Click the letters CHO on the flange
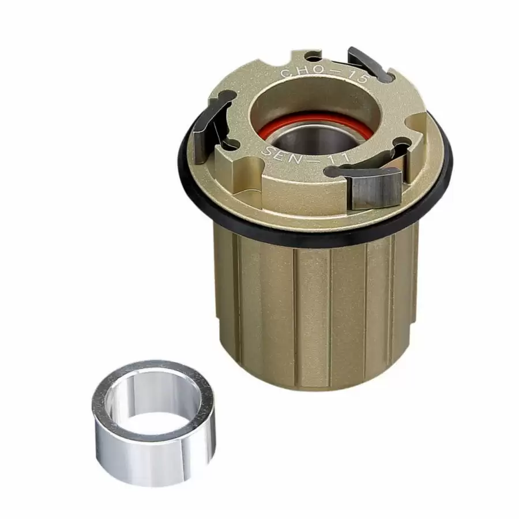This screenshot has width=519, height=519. pyautogui.click(x=296, y=73)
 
